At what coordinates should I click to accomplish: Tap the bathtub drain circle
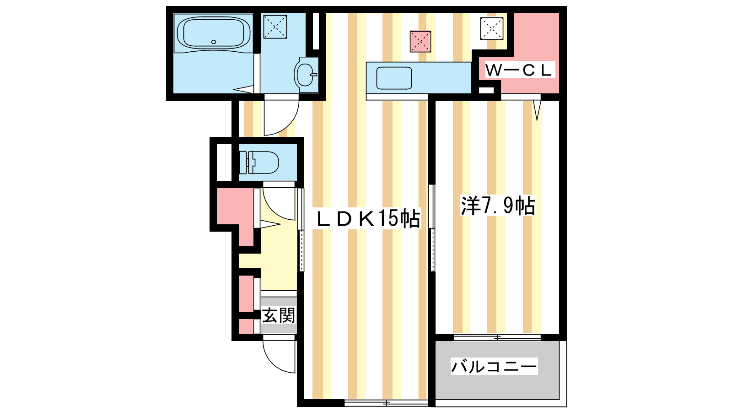[214, 42]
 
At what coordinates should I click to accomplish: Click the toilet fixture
[259, 163]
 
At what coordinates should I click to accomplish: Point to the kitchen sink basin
[394, 78]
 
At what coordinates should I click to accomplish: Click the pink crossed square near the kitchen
[420, 42]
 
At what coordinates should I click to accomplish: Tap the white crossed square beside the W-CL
[491, 29]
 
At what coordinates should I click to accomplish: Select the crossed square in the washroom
[275, 27]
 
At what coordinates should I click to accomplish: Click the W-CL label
[519, 70]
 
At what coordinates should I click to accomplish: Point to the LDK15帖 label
[369, 218]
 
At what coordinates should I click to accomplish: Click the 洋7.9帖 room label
[498, 206]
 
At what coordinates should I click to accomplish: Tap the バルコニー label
[494, 366]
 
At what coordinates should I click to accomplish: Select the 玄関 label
[279, 315]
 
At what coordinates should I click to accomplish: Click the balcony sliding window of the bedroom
[497, 337]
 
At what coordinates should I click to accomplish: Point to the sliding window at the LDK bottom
[386, 403]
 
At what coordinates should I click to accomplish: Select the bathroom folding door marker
[243, 89]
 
